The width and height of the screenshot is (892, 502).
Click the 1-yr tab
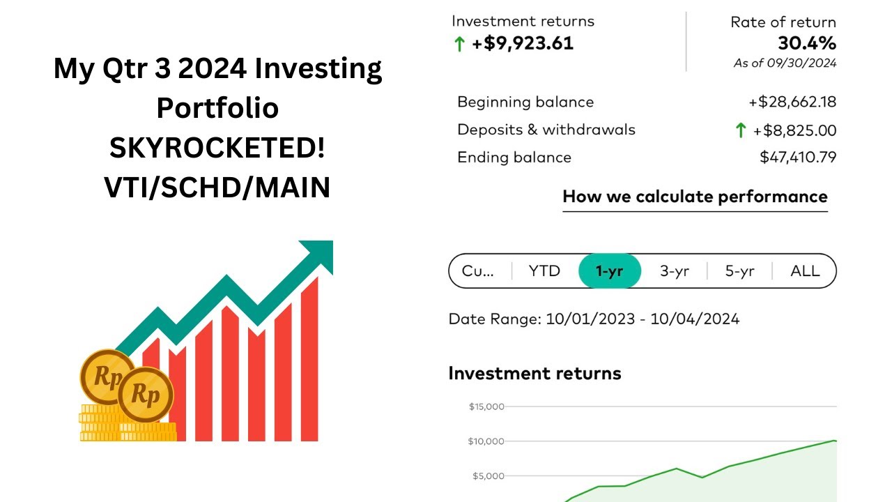[610, 271]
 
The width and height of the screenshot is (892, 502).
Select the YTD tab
[544, 271]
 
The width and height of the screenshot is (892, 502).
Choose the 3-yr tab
[674, 271]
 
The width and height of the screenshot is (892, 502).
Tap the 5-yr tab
[739, 271]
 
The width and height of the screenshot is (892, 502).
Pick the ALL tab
[805, 271]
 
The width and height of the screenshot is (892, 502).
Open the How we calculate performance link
[695, 197]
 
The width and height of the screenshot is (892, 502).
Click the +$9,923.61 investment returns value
[523, 43]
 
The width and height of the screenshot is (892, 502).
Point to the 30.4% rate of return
[806, 43]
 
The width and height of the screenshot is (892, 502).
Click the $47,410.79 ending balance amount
[798, 158]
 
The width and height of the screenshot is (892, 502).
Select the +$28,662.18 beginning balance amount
[792, 102]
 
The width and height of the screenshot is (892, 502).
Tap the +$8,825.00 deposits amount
[794, 130]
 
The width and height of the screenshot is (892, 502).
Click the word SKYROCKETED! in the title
[217, 148]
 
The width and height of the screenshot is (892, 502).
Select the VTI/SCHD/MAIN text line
[217, 188]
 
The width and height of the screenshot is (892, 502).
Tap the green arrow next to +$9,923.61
[459, 44]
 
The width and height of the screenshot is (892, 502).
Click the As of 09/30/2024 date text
[785, 63]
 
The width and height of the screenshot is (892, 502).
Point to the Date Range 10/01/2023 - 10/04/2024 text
[594, 319]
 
